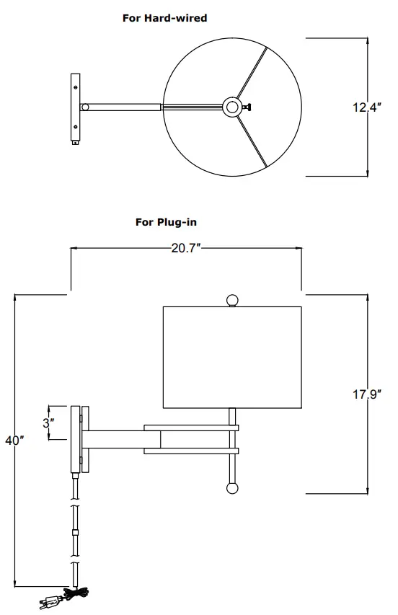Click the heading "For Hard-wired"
[164, 18]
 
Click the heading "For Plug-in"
[166, 222]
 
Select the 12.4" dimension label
[366, 107]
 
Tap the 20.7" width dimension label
[185, 248]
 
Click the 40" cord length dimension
[14, 441]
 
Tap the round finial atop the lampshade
[232, 300]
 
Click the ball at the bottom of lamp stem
[232, 489]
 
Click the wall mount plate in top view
[75, 107]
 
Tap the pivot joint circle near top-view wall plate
[85, 107]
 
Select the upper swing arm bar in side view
[191, 428]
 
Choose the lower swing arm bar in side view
[191, 451]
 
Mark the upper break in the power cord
[74, 503]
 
